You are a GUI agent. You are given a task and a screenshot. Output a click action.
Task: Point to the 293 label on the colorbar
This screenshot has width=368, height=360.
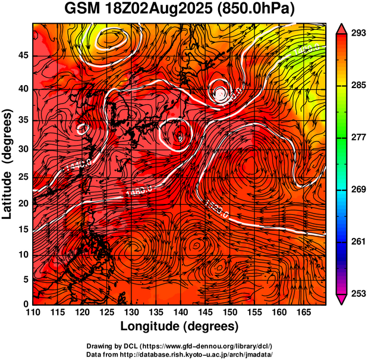[x=356, y=33]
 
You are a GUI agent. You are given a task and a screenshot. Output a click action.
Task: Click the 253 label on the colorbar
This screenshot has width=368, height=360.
[x=356, y=294]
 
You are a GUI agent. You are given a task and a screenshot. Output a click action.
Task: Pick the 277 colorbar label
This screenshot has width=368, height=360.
[x=356, y=137]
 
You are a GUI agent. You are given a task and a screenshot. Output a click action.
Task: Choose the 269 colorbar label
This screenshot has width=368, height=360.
[x=356, y=190]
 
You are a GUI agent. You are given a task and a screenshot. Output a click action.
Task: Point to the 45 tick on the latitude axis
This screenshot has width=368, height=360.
[x=23, y=55]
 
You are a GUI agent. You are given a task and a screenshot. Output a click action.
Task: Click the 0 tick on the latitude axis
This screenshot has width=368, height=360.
[x=26, y=304]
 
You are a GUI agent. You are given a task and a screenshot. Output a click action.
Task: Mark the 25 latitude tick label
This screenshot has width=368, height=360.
[x=23, y=177]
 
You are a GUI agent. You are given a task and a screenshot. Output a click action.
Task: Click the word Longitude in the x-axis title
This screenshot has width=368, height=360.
[x=150, y=326]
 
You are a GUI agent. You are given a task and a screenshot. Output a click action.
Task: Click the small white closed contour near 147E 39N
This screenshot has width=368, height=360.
[x=221, y=92]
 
